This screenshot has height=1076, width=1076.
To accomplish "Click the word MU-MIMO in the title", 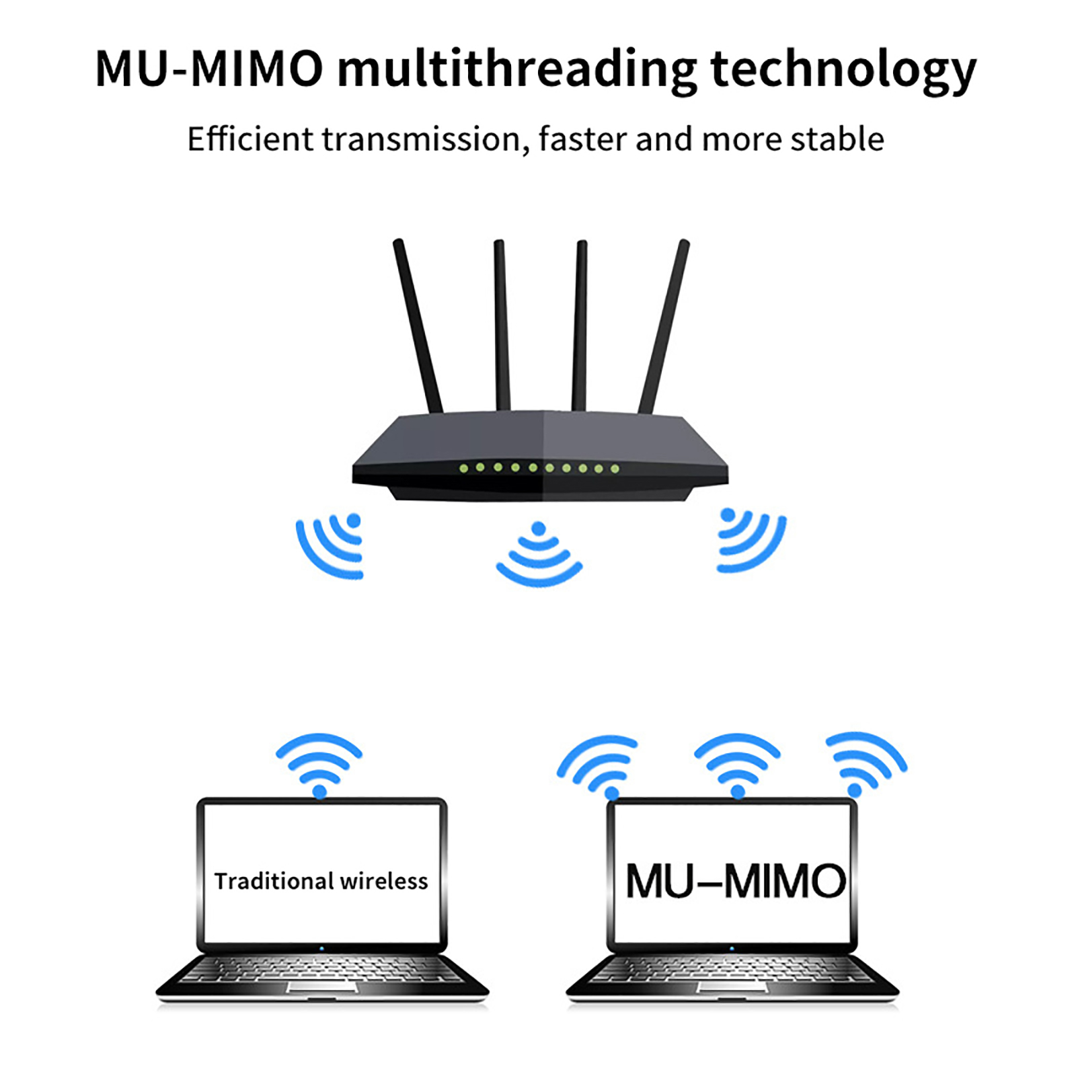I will [x=208, y=69].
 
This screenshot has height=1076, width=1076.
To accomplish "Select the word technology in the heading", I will [x=842, y=71].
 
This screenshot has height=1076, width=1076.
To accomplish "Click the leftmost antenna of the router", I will [x=418, y=326].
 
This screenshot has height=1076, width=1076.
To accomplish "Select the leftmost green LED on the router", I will [x=463, y=468].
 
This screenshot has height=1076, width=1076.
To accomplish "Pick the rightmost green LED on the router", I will [x=615, y=469].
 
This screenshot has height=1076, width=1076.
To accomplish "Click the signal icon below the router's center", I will [x=539, y=553].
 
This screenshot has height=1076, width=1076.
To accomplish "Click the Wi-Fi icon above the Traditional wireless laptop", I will [x=319, y=764].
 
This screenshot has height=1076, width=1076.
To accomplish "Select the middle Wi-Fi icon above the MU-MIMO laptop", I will [x=737, y=764].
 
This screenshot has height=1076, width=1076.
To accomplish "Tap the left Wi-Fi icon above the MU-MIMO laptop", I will [x=597, y=764].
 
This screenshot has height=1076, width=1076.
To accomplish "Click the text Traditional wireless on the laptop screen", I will [x=321, y=881].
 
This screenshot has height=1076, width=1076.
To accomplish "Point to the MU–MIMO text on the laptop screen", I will [x=735, y=881].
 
